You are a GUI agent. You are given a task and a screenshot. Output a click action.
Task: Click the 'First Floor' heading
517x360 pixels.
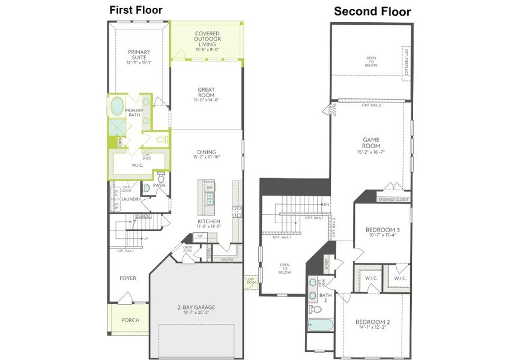pos(135,10)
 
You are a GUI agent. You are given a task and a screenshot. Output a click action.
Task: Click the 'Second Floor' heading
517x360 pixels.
pos(372,11)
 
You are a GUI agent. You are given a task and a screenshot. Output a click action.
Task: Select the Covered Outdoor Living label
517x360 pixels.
pos(207,38)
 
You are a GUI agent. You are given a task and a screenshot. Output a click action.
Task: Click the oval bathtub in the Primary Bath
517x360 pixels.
pos(116,106)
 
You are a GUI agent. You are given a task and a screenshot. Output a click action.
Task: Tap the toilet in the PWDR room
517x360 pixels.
pos(160,177)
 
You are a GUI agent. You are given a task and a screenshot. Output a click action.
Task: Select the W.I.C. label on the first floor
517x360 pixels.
pos(137,165)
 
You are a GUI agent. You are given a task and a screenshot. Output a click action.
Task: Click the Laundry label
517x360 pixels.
pos(131,199)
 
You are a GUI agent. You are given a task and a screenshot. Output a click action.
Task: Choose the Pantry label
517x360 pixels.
pos(228,260)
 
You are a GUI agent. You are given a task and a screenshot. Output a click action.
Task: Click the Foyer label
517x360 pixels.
pos(127,278)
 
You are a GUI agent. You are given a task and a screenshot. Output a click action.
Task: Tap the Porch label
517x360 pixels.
pos(130,320)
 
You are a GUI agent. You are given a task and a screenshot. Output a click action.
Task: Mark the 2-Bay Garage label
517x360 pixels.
pos(196,307)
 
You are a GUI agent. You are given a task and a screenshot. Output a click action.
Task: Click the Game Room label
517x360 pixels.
pos(370,142)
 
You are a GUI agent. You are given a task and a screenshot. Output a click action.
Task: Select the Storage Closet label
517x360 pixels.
pos(393,199)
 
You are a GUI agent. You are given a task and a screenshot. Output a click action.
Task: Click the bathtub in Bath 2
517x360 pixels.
pos(320,325)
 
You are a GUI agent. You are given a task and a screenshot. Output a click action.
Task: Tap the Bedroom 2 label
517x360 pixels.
pos(372,322)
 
